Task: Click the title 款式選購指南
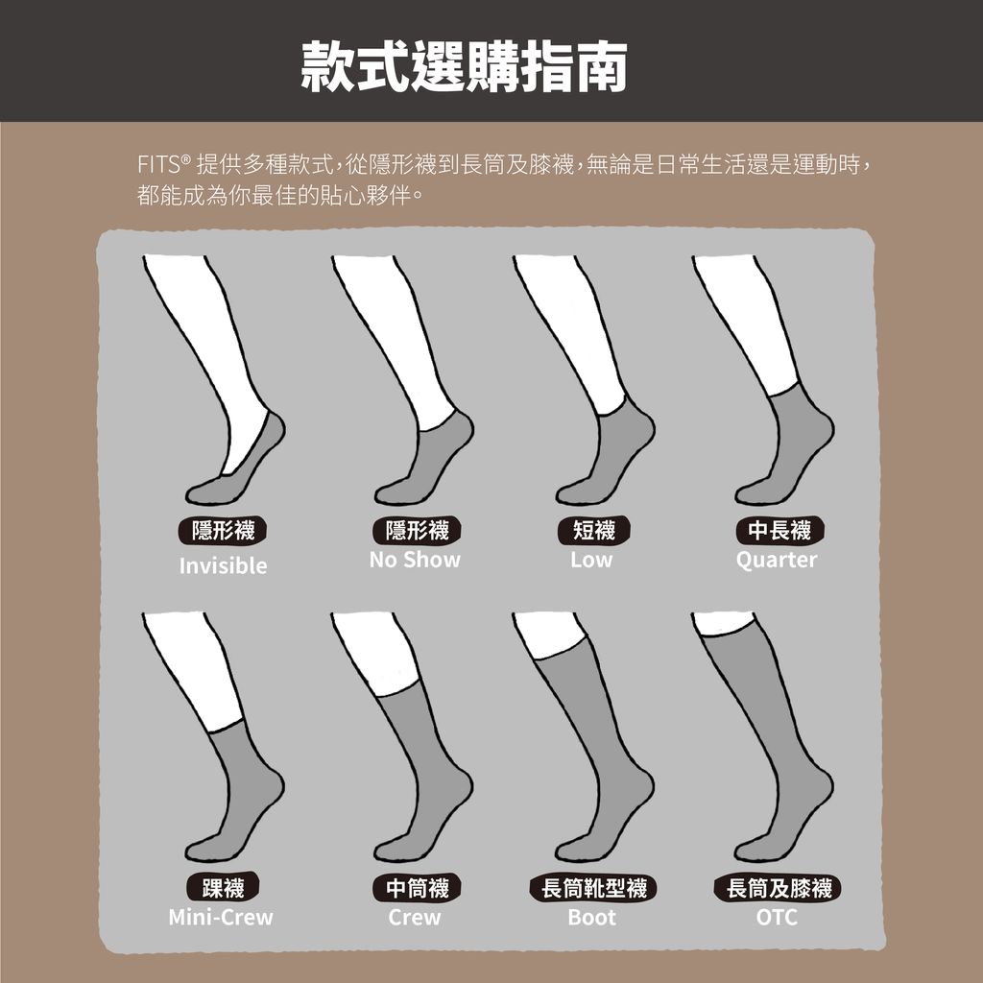(x=465, y=65)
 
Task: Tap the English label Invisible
(x=223, y=566)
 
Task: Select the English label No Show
(x=415, y=560)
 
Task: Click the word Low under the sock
(x=590, y=560)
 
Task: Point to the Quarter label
(x=777, y=560)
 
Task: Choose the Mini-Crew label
(x=221, y=918)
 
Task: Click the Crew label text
(x=415, y=918)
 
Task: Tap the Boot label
(x=591, y=918)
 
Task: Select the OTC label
(x=777, y=918)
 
